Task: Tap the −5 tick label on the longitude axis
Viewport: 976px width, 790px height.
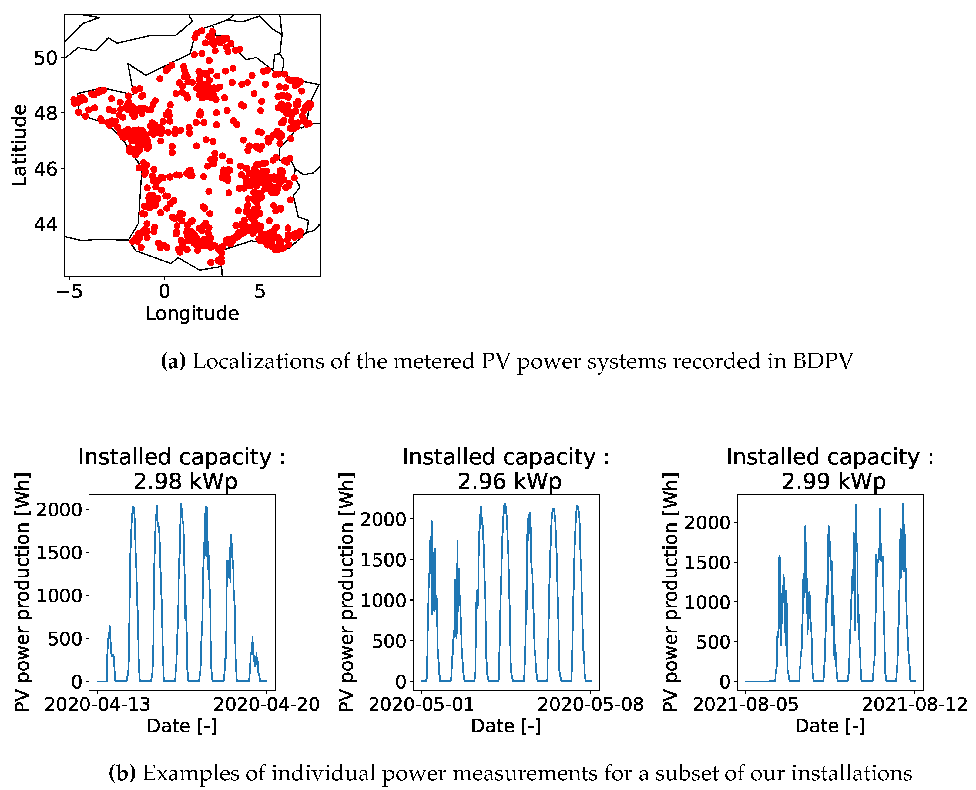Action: point(70,291)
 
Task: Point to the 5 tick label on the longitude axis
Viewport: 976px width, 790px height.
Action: point(260,291)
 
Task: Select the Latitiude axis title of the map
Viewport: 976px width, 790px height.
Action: point(20,145)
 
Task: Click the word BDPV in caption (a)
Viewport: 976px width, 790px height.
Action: point(823,361)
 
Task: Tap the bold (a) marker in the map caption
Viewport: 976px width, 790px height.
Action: point(173,361)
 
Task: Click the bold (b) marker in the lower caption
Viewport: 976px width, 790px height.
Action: point(122,773)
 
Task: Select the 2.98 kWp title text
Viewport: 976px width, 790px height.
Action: point(185,481)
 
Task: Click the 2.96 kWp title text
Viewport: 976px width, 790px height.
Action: point(510,481)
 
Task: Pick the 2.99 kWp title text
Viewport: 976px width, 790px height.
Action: point(833,481)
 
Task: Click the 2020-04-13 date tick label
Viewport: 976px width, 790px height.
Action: point(97,705)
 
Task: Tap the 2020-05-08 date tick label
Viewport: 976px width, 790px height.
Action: point(590,705)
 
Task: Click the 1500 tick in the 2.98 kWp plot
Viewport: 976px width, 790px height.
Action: point(59,553)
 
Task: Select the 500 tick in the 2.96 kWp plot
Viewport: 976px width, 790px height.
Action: point(388,641)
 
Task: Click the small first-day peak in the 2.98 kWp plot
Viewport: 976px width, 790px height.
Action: point(109,628)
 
